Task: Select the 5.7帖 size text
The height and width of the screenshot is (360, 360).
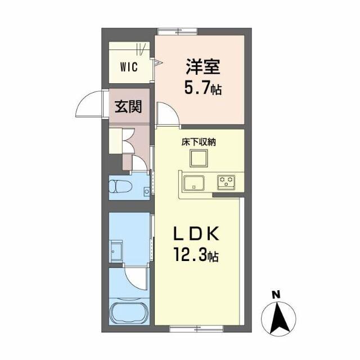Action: coord(202,88)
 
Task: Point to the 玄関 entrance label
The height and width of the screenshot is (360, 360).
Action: coord(128,106)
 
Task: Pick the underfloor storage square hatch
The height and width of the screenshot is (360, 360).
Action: coord(199,160)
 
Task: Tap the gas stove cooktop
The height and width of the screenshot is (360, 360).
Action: coord(227,182)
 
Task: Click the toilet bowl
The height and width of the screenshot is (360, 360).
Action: coord(121,187)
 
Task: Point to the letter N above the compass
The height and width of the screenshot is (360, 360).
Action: coord(276,294)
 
